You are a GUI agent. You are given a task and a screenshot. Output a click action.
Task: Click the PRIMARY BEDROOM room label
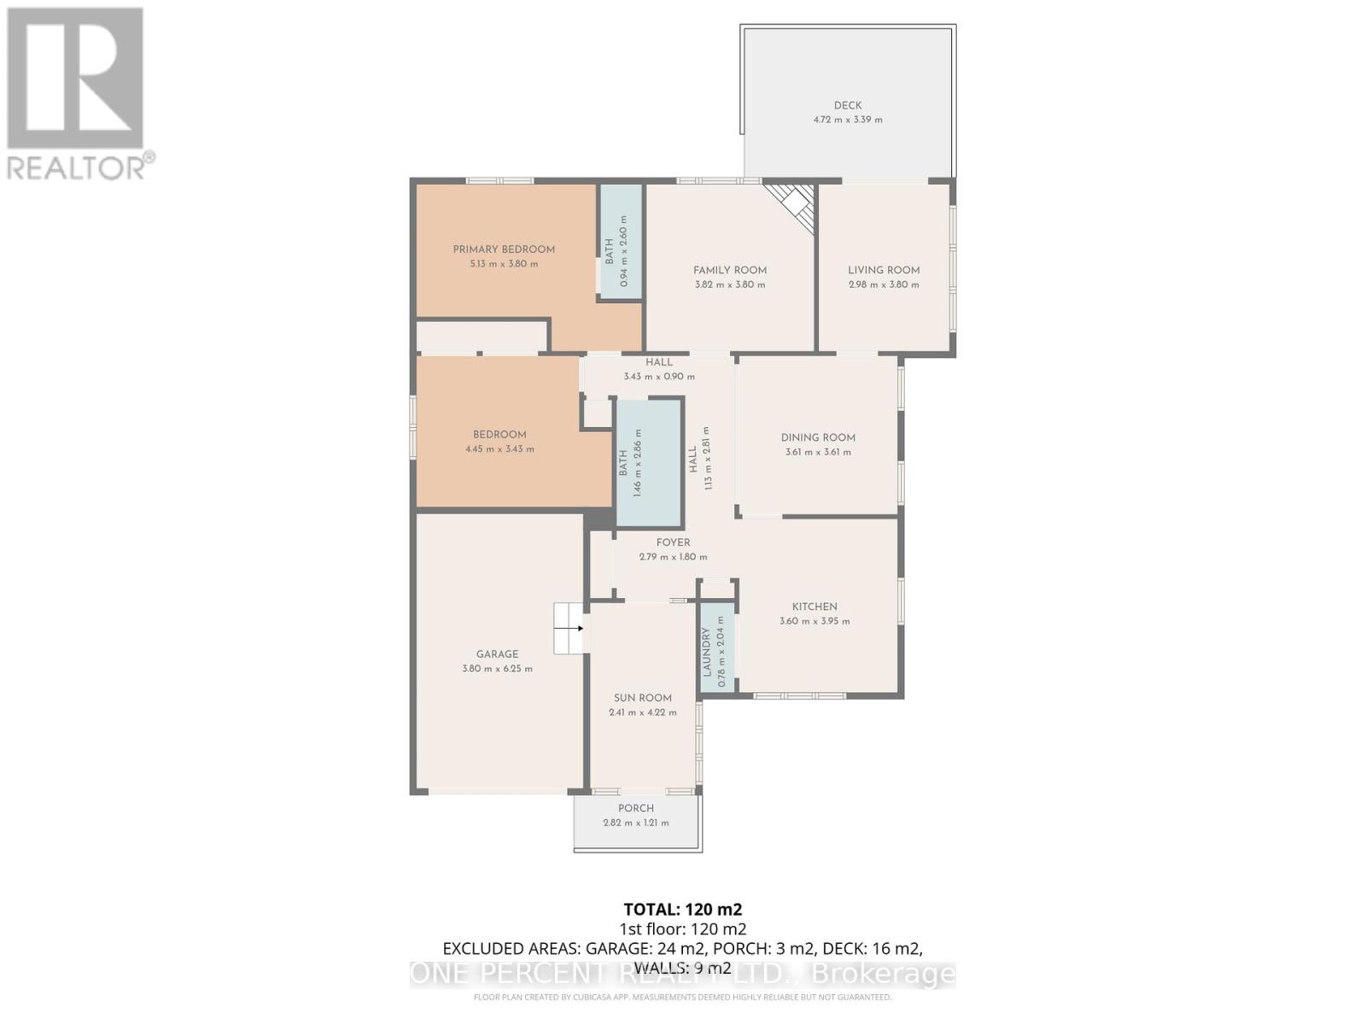504,249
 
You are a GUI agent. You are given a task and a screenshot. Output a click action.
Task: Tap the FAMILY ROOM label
730,270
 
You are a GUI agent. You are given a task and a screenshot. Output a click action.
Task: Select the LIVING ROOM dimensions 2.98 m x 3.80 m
884,284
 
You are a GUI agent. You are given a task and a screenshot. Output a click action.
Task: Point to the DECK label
848,106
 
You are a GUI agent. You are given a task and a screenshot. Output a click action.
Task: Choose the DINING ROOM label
818,437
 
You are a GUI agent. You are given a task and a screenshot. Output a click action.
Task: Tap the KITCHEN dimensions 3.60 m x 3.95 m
814,621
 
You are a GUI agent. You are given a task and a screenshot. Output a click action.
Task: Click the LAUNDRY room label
707,652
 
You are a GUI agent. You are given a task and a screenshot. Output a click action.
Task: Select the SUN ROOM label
643,698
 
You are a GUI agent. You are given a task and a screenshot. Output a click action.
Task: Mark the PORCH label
636,808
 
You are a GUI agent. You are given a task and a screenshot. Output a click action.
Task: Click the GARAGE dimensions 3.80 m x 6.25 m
497,669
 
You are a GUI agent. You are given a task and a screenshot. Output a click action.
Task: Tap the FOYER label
673,542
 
